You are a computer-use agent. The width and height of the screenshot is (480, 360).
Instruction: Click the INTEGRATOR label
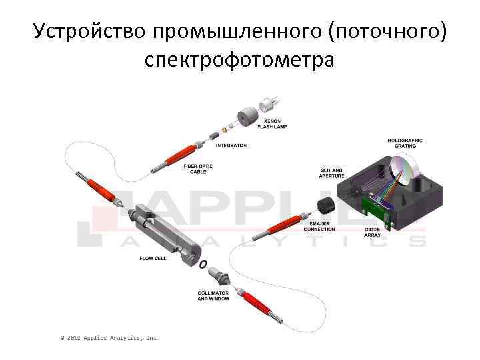pos(232,145)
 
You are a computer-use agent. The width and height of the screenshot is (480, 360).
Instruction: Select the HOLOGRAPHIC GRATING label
pos(405,143)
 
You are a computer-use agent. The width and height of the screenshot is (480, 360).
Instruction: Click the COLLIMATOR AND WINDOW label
pos(213,296)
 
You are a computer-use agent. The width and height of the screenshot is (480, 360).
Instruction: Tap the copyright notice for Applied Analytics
pos(110,338)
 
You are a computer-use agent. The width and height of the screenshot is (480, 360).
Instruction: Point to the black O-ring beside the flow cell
pos(202,264)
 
